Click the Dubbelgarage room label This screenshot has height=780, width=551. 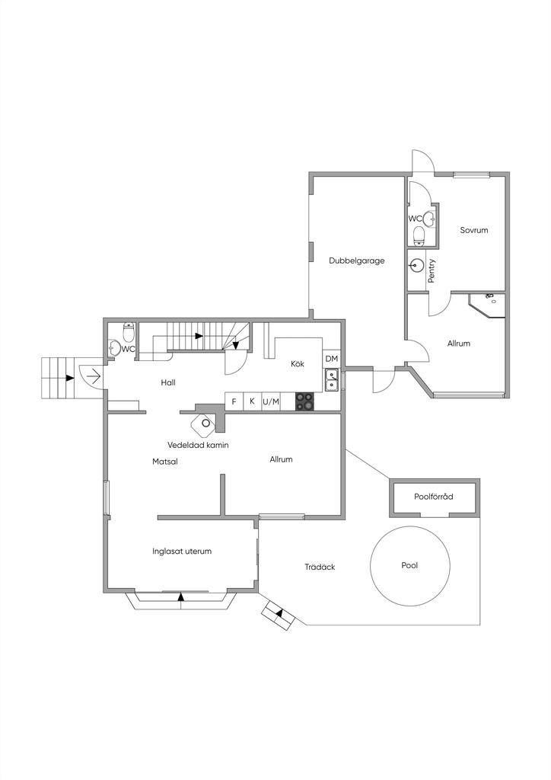pos(356,261)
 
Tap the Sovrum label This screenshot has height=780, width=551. pos(473,230)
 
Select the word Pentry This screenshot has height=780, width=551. pos(432,271)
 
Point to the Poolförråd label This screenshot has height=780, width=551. pos(434,497)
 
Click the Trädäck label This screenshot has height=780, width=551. pos(320,567)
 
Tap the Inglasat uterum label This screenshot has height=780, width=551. pos(181,551)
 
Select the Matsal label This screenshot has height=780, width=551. pos(164,461)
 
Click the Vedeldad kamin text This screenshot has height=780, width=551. pos(198,445)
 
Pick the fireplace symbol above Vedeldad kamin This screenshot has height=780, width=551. pos(205,423)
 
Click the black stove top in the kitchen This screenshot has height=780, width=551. pos(305,401)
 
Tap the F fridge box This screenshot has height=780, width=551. pos(234,401)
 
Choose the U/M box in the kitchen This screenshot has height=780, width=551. pos(270,401)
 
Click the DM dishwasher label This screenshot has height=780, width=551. pos(331,359)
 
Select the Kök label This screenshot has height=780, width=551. pos(298,364)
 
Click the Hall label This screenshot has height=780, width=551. pos(168,382)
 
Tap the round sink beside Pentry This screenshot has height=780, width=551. pos(416,266)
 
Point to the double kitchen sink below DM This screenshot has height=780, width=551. pos(332,379)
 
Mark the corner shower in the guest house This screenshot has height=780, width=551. pos(486,303)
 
